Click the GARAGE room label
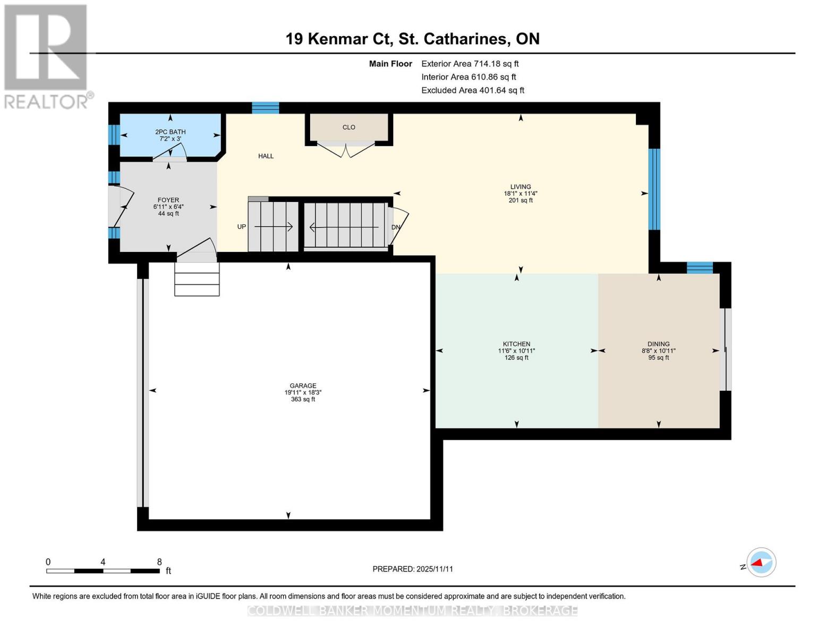(303, 386)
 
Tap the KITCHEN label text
(516, 344)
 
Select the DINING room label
(658, 344)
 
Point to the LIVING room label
(520, 187)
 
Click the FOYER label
(168, 200)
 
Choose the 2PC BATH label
(170, 132)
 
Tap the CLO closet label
(348, 127)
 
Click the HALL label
(266, 156)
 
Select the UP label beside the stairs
(241, 226)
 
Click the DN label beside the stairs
(396, 227)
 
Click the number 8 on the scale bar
(159, 561)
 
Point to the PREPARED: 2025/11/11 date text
(412, 569)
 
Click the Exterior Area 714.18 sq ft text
(470, 63)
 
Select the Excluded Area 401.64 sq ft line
(472, 90)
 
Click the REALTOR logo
(47, 56)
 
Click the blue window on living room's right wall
(654, 189)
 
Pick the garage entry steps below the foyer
(197, 279)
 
